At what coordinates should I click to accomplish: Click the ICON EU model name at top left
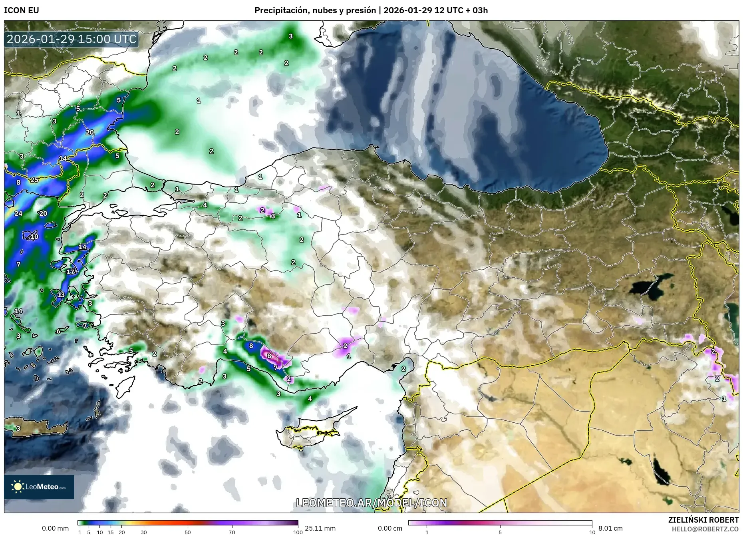[x=22, y=10]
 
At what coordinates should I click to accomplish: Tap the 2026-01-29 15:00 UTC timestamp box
[x=72, y=39]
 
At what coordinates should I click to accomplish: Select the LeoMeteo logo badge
[x=39, y=487]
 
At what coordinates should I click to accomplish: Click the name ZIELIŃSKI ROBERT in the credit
[x=703, y=520]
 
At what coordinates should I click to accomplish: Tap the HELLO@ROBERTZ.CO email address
[x=705, y=529]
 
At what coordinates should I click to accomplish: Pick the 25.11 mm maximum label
[x=320, y=528]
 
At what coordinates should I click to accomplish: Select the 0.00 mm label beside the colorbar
[x=56, y=528]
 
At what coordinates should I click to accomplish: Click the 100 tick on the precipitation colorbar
[x=298, y=532]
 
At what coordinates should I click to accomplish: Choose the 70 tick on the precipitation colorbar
[x=232, y=532]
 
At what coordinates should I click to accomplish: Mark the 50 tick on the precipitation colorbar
[x=188, y=532]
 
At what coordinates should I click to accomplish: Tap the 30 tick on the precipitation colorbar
[x=144, y=532]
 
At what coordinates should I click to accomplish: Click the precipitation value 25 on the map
[x=35, y=180]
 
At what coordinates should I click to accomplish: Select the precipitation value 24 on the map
[x=18, y=213]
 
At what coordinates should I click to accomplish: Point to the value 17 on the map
[x=71, y=272]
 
